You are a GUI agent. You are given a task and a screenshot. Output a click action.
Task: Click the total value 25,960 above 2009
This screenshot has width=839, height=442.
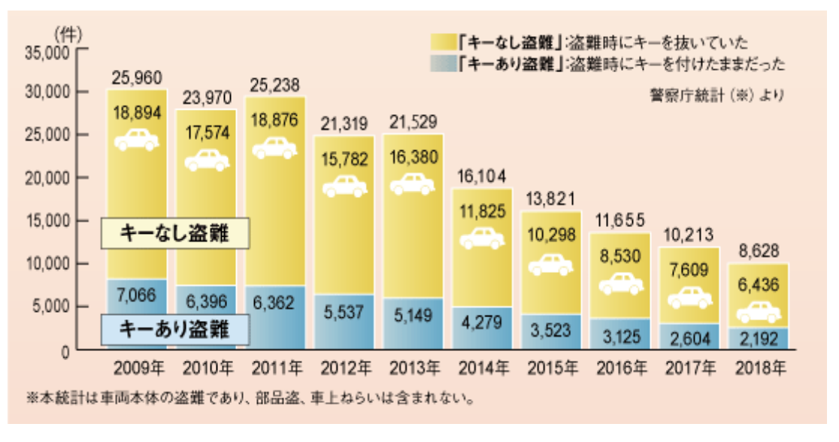click(x=137, y=77)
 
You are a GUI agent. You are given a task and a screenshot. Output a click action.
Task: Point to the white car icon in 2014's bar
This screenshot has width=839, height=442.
click(x=481, y=238)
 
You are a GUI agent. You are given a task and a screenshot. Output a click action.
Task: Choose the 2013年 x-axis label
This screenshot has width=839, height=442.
click(x=412, y=368)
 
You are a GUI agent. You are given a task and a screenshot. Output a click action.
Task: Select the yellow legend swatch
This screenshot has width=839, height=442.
click(x=443, y=42)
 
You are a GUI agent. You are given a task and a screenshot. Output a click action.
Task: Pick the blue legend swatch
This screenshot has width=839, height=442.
click(x=443, y=63)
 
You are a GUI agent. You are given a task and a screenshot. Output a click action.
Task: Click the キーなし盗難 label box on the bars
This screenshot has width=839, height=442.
click(x=174, y=235)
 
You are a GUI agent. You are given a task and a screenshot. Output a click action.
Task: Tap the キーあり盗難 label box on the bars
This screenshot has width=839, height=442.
click(x=174, y=328)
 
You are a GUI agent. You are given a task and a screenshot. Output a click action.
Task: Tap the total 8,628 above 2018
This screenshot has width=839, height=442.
click(x=757, y=250)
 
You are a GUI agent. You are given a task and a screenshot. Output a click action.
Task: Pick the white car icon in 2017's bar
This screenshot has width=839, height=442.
click(x=689, y=298)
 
